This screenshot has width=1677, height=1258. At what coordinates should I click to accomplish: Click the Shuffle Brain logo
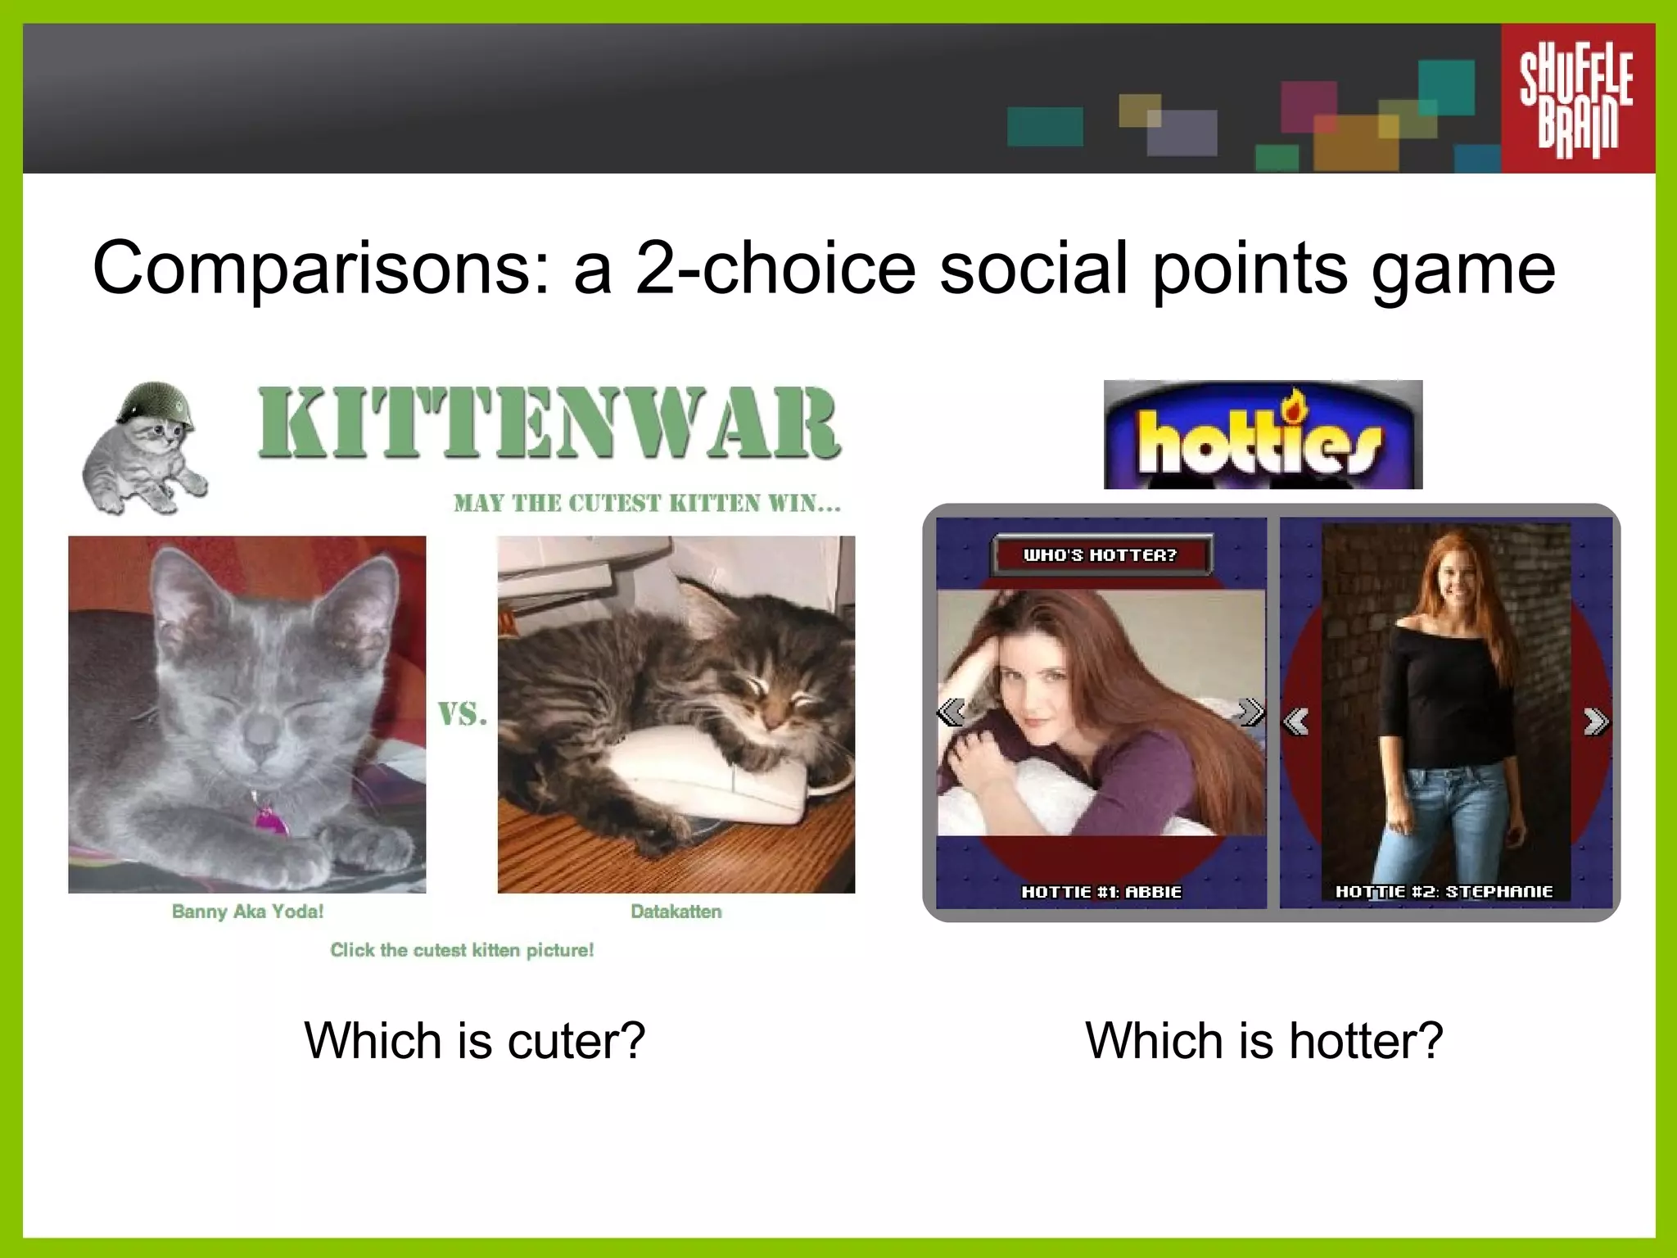coord(1576,99)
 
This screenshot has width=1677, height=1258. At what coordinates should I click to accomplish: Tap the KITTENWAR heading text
coord(549,423)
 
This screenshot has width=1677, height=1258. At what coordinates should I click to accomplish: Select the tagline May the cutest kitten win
coord(647,503)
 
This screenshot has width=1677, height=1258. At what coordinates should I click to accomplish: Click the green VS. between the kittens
coord(462,714)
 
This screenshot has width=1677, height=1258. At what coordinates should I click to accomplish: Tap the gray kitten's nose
coord(260,731)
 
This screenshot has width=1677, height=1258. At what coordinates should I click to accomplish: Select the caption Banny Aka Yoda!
coord(247,912)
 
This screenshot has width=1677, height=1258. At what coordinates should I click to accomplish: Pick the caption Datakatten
coord(676,912)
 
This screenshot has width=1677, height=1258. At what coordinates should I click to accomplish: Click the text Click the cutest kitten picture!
coord(462,950)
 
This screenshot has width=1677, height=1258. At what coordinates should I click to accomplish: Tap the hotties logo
coord(1262,436)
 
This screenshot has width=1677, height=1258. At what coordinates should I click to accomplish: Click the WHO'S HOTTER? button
coord(1100,555)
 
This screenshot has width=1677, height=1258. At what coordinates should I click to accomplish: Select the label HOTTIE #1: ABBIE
coord(1101,892)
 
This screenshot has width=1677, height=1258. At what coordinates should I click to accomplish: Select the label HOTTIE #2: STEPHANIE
coord(1444,891)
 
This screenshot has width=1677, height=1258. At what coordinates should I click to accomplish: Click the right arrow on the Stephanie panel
coord(1595,722)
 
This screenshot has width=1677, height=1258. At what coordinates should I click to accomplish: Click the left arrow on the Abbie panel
coord(951,712)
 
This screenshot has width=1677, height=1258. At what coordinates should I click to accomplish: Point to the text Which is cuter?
coord(475,1041)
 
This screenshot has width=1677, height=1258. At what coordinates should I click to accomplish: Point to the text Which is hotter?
coord(1263,1041)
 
